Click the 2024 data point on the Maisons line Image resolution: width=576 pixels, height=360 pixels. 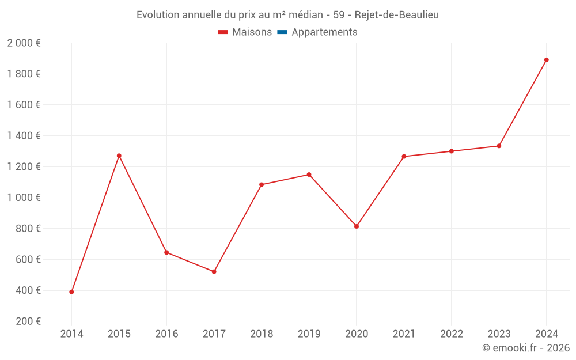tap(546, 60)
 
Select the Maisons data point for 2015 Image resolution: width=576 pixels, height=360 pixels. tap(119, 156)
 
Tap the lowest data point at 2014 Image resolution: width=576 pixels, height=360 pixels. tap(71, 292)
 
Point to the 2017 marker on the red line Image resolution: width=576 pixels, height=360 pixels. tap(214, 271)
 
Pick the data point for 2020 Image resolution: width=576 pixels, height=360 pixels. tap(357, 226)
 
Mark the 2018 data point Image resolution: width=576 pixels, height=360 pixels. tap(262, 185)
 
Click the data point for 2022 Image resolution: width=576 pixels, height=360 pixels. tap(452, 151)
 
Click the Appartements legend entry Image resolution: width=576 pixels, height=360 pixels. tap(324, 32)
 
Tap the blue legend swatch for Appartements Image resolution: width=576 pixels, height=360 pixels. tap(282, 32)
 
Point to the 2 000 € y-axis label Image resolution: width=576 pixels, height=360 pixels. tap(24, 43)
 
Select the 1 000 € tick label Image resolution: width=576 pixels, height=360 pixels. tap(24, 198)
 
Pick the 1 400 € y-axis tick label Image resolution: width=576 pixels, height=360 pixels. tap(24, 136)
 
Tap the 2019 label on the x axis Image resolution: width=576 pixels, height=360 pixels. tap(309, 334)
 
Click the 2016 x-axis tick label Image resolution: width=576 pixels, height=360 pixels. tap(166, 334)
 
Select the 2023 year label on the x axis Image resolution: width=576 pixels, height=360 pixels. tap(499, 334)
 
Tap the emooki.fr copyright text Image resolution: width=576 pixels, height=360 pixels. tap(526, 348)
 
